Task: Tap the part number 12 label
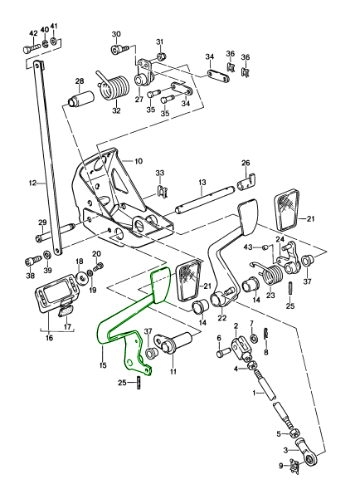(x=32, y=183)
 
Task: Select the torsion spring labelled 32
(x=114, y=87)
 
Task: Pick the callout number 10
(x=139, y=161)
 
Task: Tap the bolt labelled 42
(x=31, y=49)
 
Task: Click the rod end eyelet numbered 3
(x=307, y=452)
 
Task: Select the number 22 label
(x=222, y=319)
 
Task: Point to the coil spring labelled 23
(x=272, y=273)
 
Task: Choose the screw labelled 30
(x=119, y=49)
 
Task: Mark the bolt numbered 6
(x=222, y=353)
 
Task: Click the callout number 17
(x=67, y=327)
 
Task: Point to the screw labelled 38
(x=32, y=260)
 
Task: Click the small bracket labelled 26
(x=246, y=182)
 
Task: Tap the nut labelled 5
(x=294, y=433)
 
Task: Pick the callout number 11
(x=173, y=371)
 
